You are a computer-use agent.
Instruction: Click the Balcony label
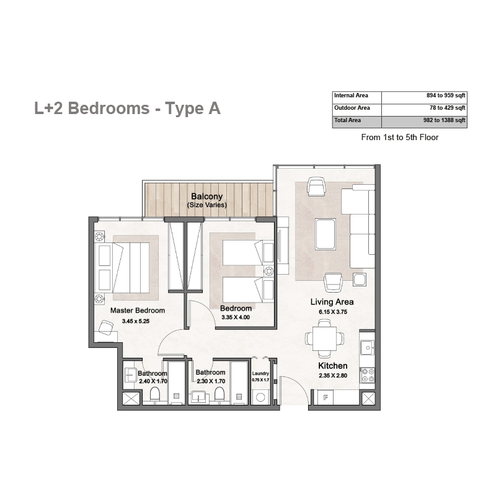click(x=207, y=197)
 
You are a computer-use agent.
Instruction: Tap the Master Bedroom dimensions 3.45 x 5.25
click(x=136, y=321)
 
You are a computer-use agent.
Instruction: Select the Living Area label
click(x=332, y=302)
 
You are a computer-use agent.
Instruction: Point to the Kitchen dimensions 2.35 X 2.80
click(x=333, y=376)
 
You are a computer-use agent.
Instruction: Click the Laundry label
click(x=260, y=373)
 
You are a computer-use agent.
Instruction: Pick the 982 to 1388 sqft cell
click(x=444, y=120)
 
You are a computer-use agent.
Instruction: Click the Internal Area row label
click(x=351, y=95)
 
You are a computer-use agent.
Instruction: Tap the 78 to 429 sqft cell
click(x=447, y=108)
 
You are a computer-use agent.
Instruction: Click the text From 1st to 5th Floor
click(x=400, y=137)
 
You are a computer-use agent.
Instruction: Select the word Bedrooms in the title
click(x=109, y=108)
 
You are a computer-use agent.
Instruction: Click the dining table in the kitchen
click(x=324, y=339)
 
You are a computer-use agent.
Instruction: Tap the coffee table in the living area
click(x=325, y=234)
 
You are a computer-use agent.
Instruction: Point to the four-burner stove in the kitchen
click(x=368, y=375)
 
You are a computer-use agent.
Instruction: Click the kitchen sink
click(x=368, y=348)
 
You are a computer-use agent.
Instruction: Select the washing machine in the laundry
click(x=260, y=397)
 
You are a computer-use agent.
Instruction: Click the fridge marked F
click(x=326, y=397)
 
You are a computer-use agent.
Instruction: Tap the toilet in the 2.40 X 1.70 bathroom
click(x=155, y=395)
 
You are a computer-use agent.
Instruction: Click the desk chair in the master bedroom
click(x=106, y=327)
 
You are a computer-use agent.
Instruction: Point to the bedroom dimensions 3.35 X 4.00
click(x=236, y=317)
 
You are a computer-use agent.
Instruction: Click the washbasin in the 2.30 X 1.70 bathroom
click(x=199, y=397)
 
